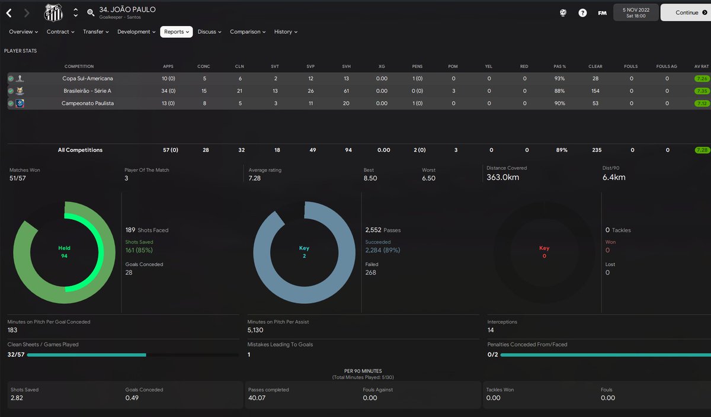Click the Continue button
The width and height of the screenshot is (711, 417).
[x=686, y=12]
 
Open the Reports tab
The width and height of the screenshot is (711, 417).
[x=176, y=32]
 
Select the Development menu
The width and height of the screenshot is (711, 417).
[x=136, y=32]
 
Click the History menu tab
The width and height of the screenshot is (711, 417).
[x=286, y=32]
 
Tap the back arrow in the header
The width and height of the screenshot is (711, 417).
[x=9, y=12]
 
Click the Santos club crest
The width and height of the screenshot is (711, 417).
[x=53, y=12]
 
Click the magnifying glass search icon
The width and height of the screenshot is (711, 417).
[x=91, y=12]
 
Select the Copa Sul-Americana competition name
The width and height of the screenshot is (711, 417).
[x=88, y=78]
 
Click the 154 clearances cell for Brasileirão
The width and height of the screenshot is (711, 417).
[x=595, y=91]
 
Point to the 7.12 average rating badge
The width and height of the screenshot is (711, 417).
[x=702, y=103]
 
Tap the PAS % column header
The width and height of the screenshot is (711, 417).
[x=560, y=66]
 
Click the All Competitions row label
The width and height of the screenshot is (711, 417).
[x=80, y=150]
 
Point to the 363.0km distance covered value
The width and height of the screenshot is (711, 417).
[x=502, y=177]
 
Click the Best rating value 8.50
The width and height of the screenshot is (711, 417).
[x=370, y=178]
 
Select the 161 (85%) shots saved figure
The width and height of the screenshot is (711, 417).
[x=139, y=250]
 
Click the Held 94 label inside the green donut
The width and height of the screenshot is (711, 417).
[x=64, y=252]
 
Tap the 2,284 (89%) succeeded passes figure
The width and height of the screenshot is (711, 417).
[x=383, y=250]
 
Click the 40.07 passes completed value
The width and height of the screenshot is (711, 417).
[x=257, y=398]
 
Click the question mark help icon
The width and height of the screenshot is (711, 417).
[x=582, y=12]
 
